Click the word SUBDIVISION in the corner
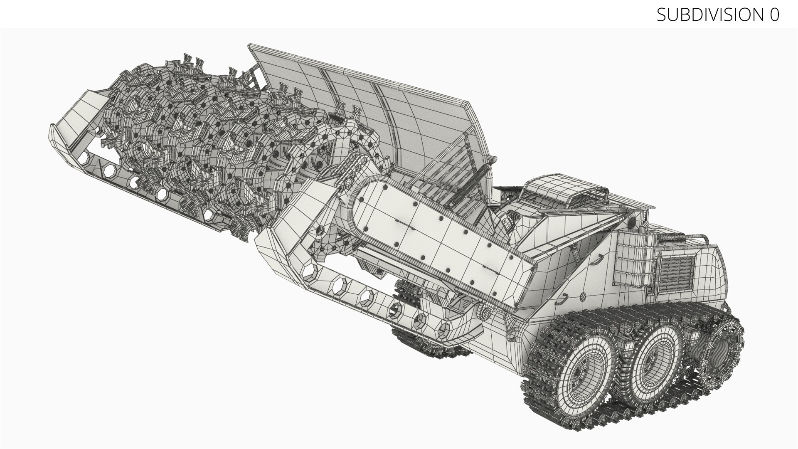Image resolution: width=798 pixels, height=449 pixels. tap(709, 15)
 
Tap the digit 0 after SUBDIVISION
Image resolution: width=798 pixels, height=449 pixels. tap(774, 15)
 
